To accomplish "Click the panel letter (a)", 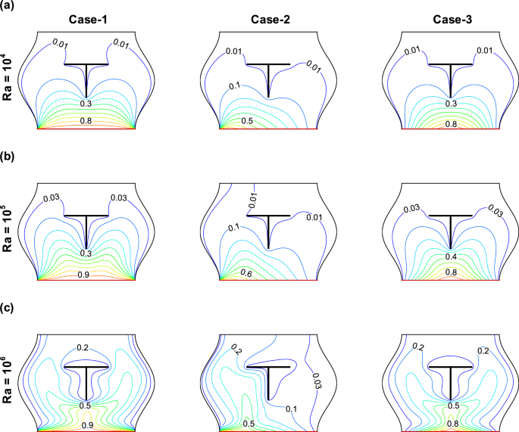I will (9, 7).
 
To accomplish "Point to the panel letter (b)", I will (9, 163).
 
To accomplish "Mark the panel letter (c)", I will (9, 309).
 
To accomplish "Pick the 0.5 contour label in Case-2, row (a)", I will (247, 121).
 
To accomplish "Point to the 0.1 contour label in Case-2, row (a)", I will (236, 86).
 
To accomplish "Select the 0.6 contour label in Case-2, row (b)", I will (247, 272).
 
